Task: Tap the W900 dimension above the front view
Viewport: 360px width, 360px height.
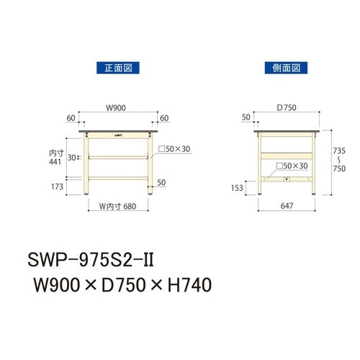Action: pyautogui.click(x=117, y=109)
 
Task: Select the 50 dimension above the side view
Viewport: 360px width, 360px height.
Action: pyautogui.click(x=247, y=117)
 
